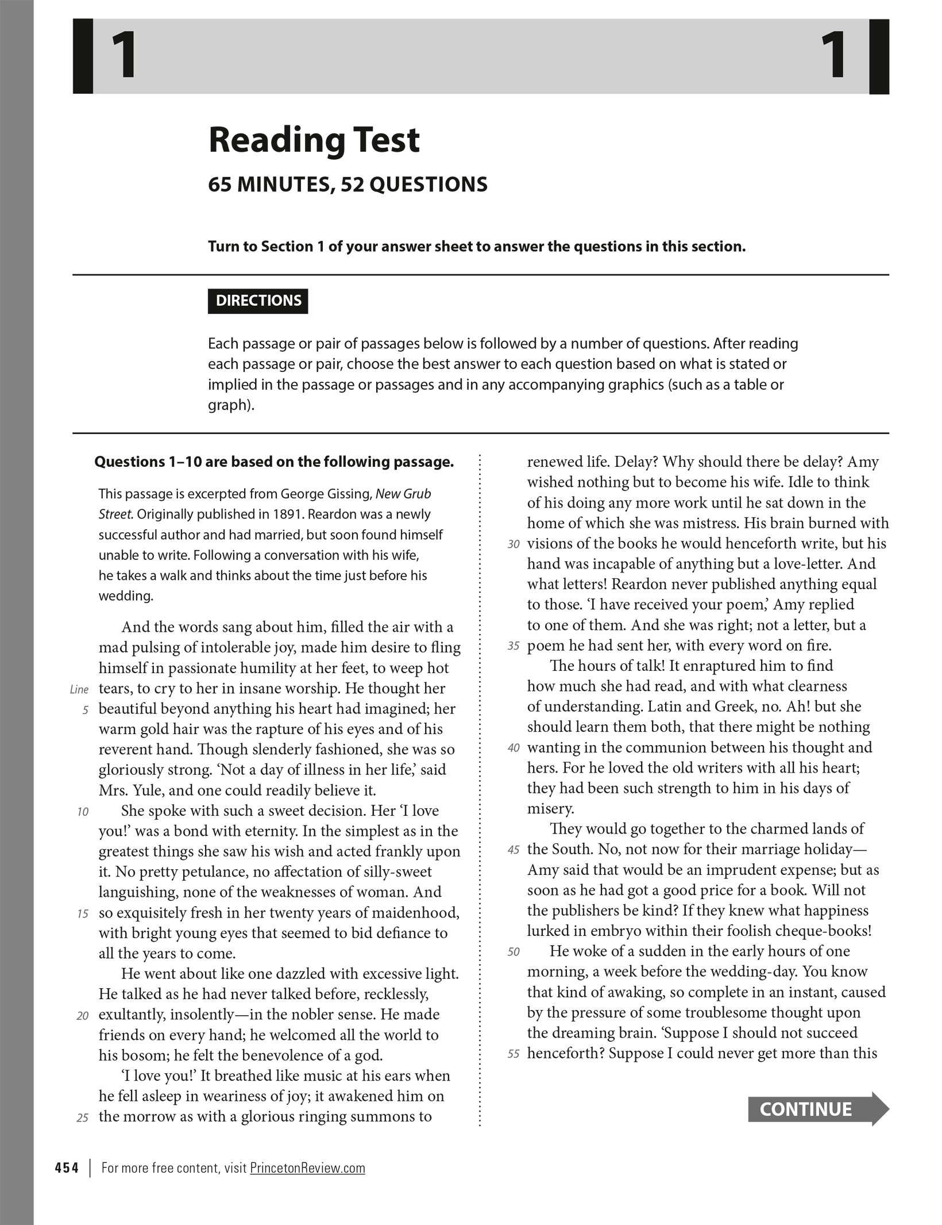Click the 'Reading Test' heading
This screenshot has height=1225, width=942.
click(x=314, y=140)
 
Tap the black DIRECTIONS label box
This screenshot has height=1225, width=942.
click(x=258, y=301)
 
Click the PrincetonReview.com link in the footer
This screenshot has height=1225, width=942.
click(x=307, y=1168)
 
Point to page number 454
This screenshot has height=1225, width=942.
click(x=67, y=1168)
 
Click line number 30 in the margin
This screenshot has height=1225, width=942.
click(x=514, y=544)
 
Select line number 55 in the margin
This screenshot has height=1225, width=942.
click(x=514, y=1054)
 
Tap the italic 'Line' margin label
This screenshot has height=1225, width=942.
click(x=79, y=689)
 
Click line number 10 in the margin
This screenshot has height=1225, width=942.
click(x=83, y=812)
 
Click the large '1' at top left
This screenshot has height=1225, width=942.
click(x=123, y=56)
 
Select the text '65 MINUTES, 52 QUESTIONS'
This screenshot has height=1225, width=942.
click(x=348, y=185)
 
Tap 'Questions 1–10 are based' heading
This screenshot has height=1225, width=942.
click(x=274, y=462)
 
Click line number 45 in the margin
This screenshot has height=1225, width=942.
click(x=514, y=850)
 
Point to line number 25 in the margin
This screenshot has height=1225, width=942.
click(x=83, y=1118)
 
